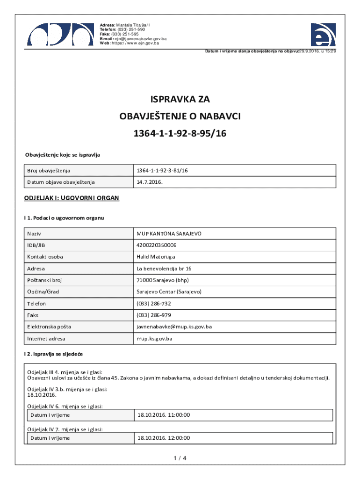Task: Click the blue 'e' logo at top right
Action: click(323, 34)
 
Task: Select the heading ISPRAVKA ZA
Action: click(180, 99)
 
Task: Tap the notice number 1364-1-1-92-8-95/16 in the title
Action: click(180, 133)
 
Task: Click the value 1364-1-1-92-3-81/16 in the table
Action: click(162, 171)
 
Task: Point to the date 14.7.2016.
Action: click(150, 182)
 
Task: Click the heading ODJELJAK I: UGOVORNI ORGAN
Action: click(72, 198)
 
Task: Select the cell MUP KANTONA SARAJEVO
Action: click(169, 233)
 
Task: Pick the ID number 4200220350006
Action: click(156, 245)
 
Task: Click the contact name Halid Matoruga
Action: click(156, 257)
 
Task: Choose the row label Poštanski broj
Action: click(44, 280)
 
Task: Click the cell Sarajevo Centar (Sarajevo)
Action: click(169, 291)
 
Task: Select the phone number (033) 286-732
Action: click(154, 304)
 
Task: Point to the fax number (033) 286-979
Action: click(154, 315)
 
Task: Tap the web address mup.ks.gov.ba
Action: click(154, 338)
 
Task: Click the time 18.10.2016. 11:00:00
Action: click(163, 415)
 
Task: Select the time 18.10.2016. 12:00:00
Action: click(163, 438)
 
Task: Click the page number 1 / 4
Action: click(180, 458)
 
